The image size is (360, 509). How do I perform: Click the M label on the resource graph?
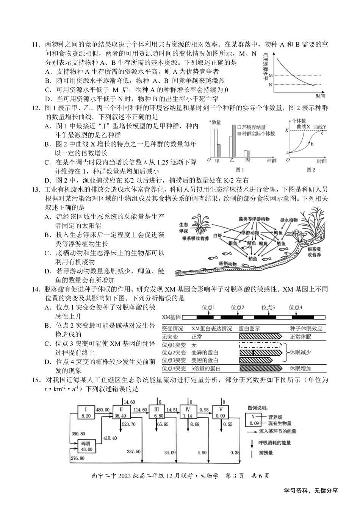(270, 76)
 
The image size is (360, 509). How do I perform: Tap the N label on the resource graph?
(270, 84)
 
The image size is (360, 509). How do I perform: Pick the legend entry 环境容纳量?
(253, 127)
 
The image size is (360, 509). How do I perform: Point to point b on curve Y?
(312, 144)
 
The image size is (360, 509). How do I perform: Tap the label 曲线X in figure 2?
(303, 126)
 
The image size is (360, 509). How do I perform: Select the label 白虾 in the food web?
(218, 235)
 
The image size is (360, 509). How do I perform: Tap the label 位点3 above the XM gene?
(268, 308)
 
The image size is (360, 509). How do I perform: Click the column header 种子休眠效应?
(306, 328)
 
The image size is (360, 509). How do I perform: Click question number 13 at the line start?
(35, 189)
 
